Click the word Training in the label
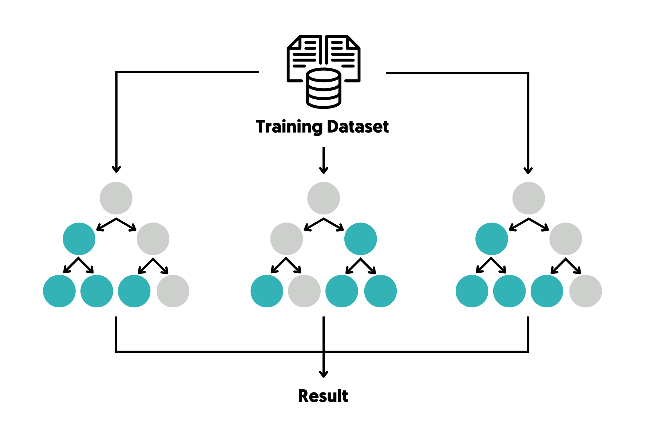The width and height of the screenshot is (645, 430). point(289,127)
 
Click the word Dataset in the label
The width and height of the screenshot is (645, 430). point(358,127)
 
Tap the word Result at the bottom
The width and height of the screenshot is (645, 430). point(323,396)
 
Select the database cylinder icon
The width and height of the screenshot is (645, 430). point(323,88)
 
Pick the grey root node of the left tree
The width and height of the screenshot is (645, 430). point(116,198)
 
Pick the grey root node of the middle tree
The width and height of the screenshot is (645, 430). point(324,198)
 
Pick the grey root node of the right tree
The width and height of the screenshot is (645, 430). point(529,198)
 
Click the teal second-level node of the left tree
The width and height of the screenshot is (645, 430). point(79,239)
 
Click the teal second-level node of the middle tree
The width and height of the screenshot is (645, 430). point(360,239)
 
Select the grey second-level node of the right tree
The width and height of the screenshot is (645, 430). point(566,239)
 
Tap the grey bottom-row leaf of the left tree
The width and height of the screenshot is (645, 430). point(173,291)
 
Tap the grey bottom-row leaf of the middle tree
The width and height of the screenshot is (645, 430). point(304,291)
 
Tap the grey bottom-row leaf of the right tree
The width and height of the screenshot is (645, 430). point(585,291)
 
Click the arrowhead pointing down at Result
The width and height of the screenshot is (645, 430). point(324,374)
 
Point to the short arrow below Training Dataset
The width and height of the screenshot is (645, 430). point(324,160)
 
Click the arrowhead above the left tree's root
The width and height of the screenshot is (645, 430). point(116,169)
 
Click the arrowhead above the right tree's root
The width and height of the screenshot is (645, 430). point(528,170)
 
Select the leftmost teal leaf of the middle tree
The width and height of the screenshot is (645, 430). point(267,291)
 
